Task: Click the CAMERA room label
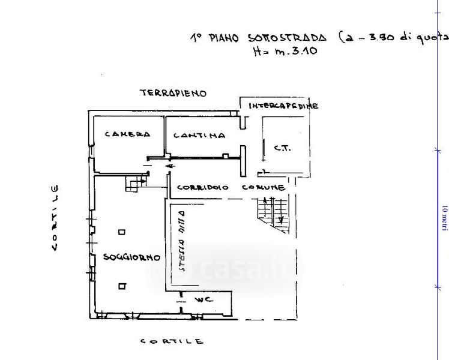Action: point(127,134)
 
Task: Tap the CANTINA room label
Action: point(199,136)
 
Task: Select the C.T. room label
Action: point(282,148)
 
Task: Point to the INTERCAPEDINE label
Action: point(283,106)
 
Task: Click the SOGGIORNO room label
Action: point(131,257)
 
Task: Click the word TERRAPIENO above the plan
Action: point(173,93)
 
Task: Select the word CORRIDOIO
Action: point(202,187)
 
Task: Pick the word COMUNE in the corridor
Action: point(263,187)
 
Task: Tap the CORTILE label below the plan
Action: point(172,341)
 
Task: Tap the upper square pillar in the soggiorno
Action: point(122,232)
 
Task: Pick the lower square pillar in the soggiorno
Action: point(122,286)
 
